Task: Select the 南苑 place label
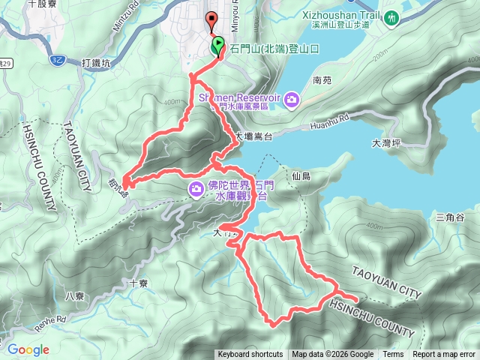click(x=322, y=79)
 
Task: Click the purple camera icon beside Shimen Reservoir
click(x=292, y=98)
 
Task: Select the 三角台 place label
click(x=450, y=217)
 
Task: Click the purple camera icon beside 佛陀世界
click(x=196, y=187)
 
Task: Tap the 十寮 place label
click(x=138, y=283)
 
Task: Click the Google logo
click(x=28, y=349)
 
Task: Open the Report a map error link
click(x=444, y=355)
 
